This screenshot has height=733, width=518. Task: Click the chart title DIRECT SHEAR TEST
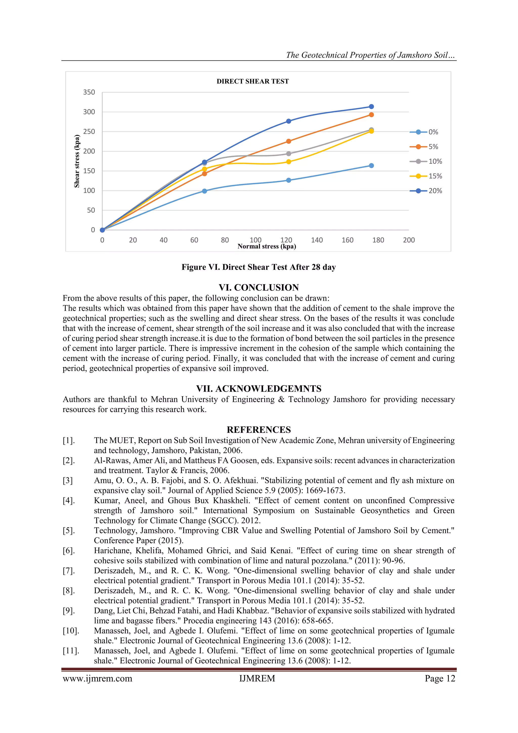pyautogui.click(x=253, y=82)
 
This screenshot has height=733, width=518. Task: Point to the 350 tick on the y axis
pyautogui.click(x=89, y=92)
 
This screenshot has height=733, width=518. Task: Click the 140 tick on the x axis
pyautogui.click(x=317, y=240)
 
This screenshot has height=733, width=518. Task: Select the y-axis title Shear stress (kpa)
pyautogui.click(x=77, y=161)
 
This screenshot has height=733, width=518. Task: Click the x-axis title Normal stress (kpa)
pyautogui.click(x=267, y=246)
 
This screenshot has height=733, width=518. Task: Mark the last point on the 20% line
pyautogui.click(x=371, y=107)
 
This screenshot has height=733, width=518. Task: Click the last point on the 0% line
pyautogui.click(x=371, y=166)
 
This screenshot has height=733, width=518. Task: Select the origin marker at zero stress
pyautogui.click(x=102, y=230)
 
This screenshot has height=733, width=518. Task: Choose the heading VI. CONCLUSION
pyautogui.click(x=259, y=288)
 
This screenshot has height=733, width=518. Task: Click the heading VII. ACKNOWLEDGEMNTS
pyautogui.click(x=259, y=389)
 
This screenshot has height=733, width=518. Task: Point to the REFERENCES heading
pyautogui.click(x=259, y=430)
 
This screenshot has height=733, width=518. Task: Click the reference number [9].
pyautogui.click(x=69, y=611)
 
